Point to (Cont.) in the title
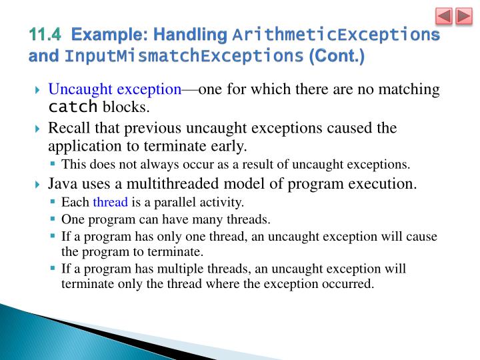336,56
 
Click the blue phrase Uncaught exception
115,89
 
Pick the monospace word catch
73,107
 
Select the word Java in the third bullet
63,183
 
